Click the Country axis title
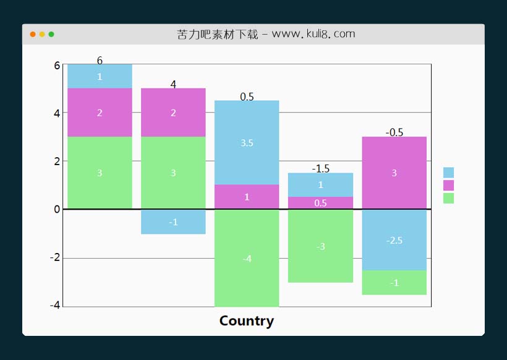246,321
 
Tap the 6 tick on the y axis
57,66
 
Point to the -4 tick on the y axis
54,305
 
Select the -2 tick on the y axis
54,257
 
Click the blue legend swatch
448,173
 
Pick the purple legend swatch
448,186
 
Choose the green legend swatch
448,198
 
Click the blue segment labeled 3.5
247,143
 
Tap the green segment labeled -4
247,259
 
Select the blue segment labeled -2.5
394,240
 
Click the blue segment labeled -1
173,222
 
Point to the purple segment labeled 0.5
320,203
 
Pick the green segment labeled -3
320,246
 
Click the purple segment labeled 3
394,173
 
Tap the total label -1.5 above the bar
320,168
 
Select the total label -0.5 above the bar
394,132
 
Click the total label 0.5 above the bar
247,96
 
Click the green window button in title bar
51,34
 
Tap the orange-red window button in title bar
33,34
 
